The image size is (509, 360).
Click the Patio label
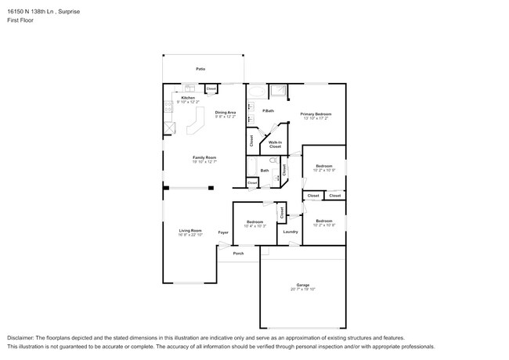coord(200,70)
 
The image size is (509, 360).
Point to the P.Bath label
coord(268,111)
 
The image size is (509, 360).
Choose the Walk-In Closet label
coord(275,144)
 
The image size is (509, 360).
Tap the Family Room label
coord(205,159)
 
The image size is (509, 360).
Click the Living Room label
coord(190,232)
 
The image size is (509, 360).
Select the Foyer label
coord(223,232)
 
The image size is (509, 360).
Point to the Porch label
coord(238,254)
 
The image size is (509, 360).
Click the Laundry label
coord(291,232)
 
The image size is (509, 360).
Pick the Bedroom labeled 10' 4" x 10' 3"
coord(254,223)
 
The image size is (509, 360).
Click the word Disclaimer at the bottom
coord(23,336)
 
